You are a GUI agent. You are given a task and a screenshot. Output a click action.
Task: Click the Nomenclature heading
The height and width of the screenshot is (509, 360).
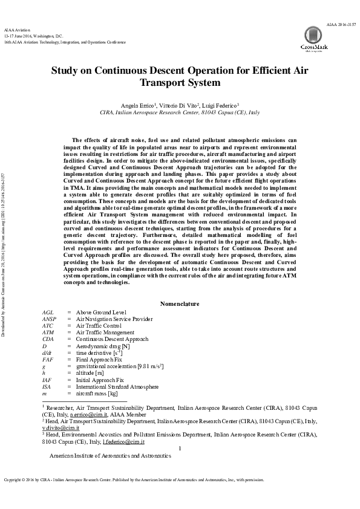pyautogui.click(x=179, y=303)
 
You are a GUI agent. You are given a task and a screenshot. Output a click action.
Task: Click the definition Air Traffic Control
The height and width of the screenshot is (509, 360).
pyautogui.click(x=98, y=325)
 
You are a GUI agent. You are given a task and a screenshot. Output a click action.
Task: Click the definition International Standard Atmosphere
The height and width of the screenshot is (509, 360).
pyautogui.click(x=117, y=386)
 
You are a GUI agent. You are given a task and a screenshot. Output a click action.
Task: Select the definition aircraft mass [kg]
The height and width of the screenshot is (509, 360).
pyautogui.click(x=96, y=394)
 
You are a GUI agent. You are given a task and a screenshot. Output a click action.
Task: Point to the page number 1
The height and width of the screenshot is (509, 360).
pyautogui.click(x=180, y=449)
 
